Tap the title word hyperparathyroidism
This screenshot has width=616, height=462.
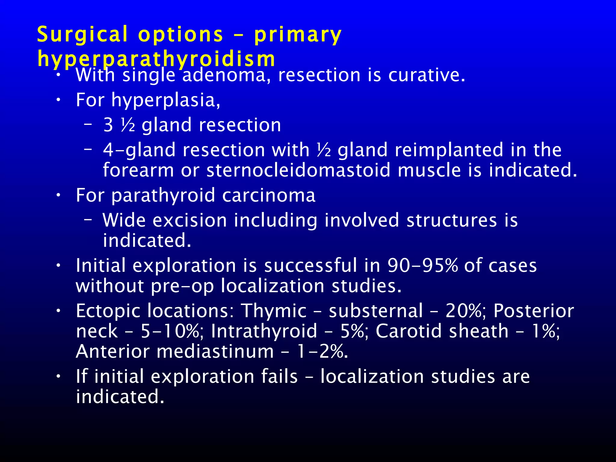[156, 59]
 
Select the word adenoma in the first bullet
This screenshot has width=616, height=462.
[224, 75]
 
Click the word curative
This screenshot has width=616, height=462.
[427, 75]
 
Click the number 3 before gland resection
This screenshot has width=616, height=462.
[108, 125]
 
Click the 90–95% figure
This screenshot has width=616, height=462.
[422, 266]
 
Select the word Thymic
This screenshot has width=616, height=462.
[274, 311]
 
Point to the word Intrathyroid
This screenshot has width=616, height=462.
[264, 331]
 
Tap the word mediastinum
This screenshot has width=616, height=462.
[215, 352]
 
